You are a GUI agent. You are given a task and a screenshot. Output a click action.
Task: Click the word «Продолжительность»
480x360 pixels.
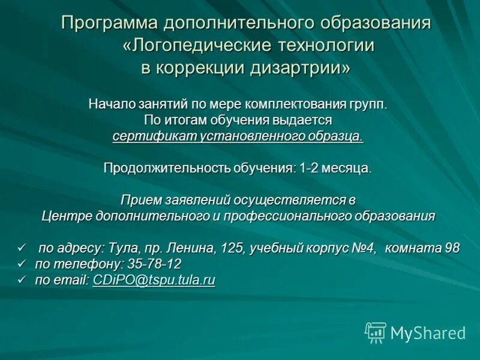coord(160,168)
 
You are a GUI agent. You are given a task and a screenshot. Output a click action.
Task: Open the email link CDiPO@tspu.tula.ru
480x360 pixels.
coord(154,280)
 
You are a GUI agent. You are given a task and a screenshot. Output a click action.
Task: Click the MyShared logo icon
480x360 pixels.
coord(376,332)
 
